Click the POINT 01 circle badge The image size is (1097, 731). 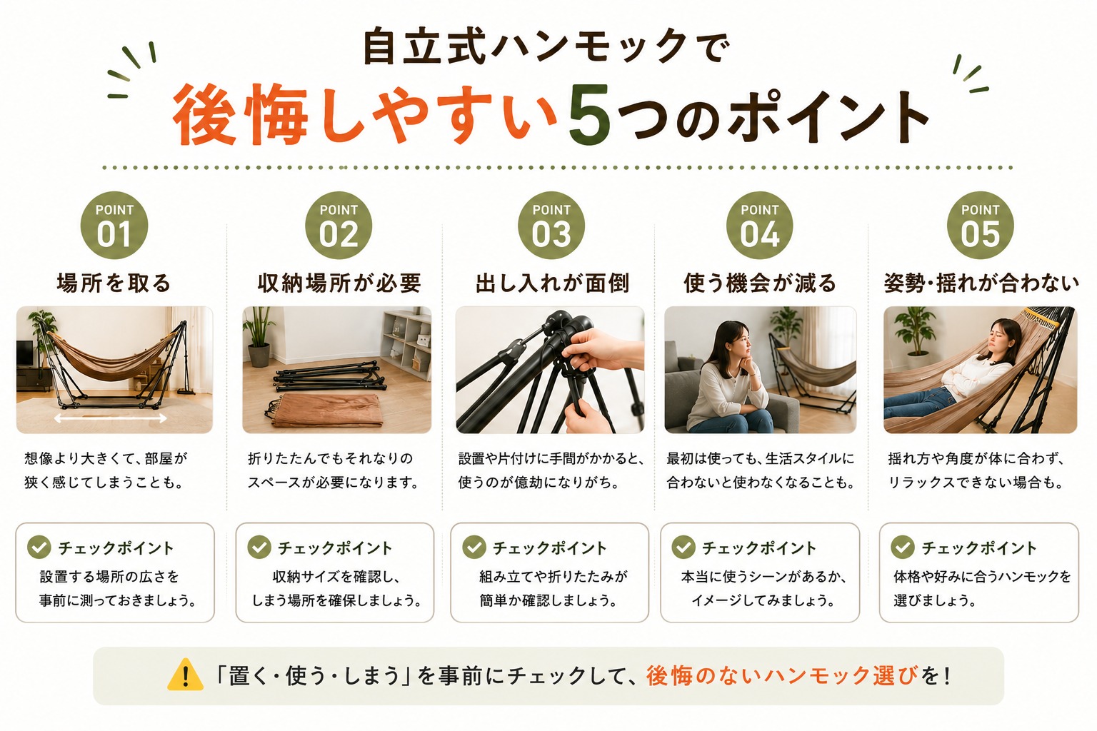pyautogui.click(x=114, y=225)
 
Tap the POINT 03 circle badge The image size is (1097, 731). pyautogui.click(x=551, y=225)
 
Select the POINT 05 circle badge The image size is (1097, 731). pyautogui.click(x=980, y=225)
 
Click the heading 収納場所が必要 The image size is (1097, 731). pyautogui.click(x=339, y=283)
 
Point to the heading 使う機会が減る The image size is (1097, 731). pyautogui.click(x=760, y=283)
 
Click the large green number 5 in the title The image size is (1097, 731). pyautogui.click(x=590, y=114)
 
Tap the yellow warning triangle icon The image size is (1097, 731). pyautogui.click(x=185, y=675)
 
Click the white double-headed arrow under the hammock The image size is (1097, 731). pyautogui.click(x=110, y=418)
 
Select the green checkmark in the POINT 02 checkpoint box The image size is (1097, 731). pyautogui.click(x=259, y=547)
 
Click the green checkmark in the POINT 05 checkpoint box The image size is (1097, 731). pyautogui.click(x=903, y=547)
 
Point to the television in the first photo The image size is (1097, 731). pyautogui.click(x=24, y=353)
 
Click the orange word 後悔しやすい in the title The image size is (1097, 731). pyautogui.click(x=365, y=115)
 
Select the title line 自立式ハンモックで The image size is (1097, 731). pyautogui.click(x=546, y=48)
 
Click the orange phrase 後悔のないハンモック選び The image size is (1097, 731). pyautogui.click(x=781, y=675)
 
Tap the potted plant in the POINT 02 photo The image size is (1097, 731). pyautogui.click(x=258, y=336)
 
